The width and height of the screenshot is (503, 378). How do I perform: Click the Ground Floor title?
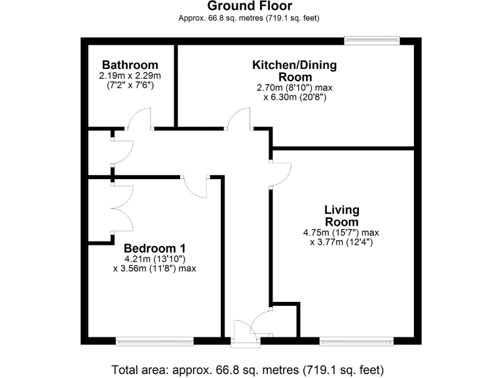250,7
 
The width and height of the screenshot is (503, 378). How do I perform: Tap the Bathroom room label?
130,64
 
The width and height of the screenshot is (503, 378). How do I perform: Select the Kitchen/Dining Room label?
295,70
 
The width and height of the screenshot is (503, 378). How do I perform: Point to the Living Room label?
341,216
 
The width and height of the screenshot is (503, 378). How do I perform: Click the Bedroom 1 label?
155,248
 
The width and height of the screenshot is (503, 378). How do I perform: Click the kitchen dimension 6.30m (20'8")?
295,97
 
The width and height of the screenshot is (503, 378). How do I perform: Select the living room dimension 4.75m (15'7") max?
341,232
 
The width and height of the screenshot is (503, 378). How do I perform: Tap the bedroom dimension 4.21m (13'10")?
155,259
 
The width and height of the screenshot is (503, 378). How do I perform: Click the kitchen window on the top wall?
371,41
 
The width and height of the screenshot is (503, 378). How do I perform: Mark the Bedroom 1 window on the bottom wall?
155,341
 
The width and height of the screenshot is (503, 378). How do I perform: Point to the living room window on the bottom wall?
357,341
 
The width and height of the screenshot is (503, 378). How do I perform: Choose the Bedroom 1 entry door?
195,185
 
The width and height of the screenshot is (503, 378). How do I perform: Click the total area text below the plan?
248,369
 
